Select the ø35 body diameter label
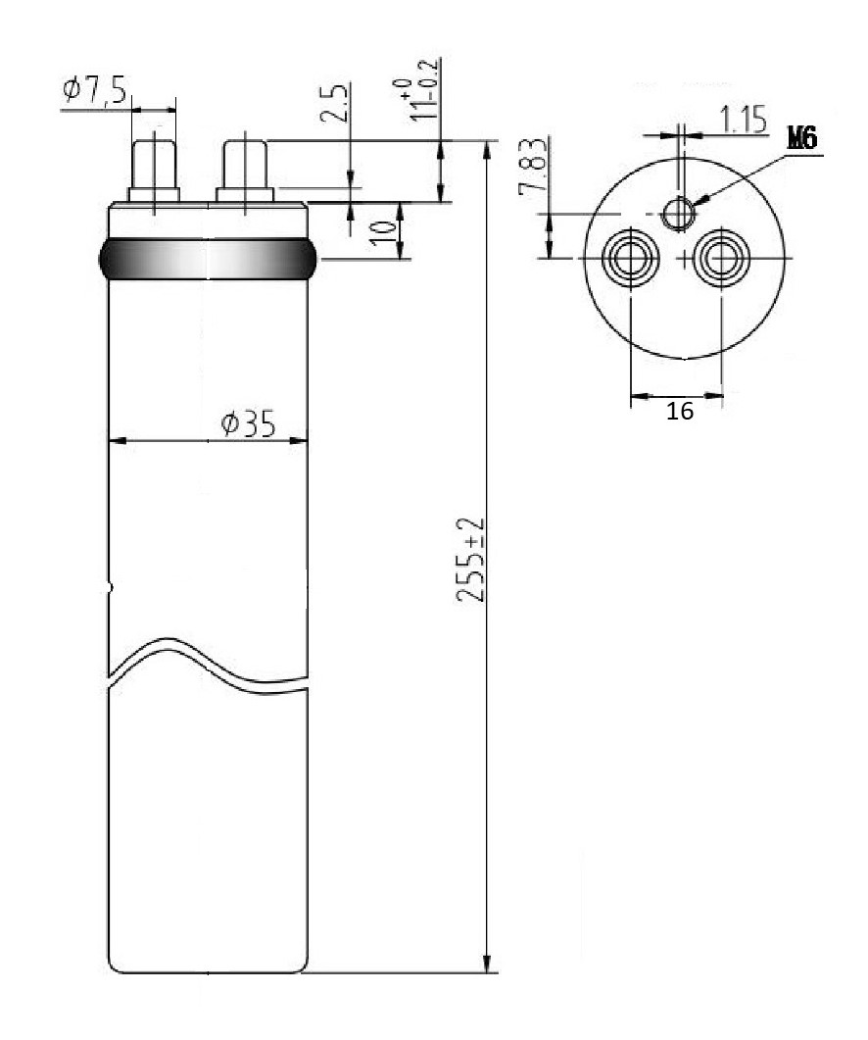pos(248,423)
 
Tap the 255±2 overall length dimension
pos(471,560)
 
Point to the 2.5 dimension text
pos(335,103)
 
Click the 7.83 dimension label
pos(534,167)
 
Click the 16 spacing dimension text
pos(680,412)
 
